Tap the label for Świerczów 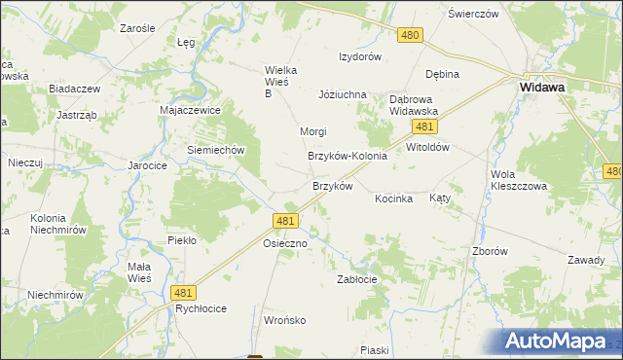coord(473,15)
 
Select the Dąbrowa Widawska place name coord(415,105)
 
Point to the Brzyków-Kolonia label coord(348,156)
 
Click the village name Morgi coord(312,131)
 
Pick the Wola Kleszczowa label coord(520,180)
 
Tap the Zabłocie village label coord(356,278)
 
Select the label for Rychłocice coord(201,308)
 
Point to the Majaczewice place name coord(191,111)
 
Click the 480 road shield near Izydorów coord(410,35)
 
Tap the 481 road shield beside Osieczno coord(285,222)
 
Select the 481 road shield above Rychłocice coord(182,291)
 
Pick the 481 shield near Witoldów coord(422,127)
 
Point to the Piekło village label coord(182,239)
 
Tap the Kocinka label coord(394,198)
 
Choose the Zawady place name coord(588,260)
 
